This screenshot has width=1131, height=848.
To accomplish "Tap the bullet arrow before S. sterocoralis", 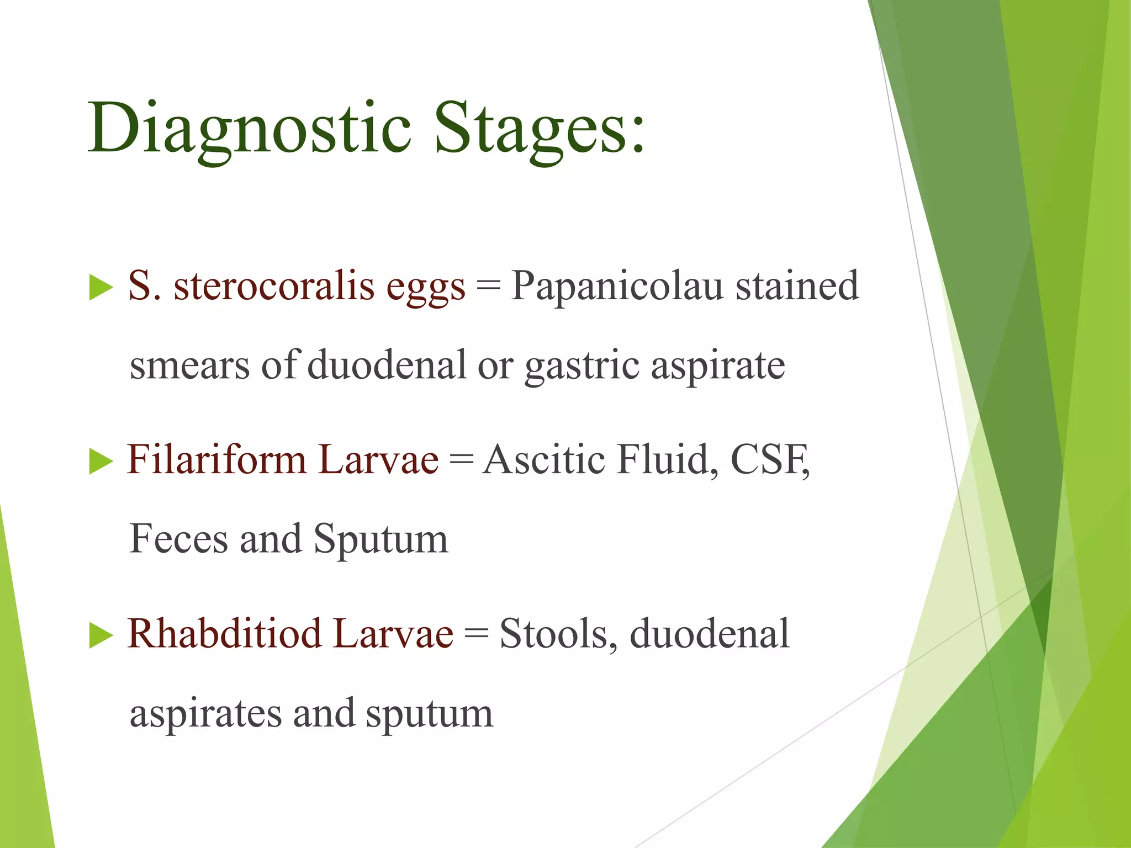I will coord(101,288).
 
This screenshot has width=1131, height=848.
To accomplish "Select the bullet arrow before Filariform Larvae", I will coord(101,462).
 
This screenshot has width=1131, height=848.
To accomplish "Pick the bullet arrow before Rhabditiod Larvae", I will coord(101,635).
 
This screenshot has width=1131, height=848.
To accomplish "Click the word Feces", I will coord(178,539).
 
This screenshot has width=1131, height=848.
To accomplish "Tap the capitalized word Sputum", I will coord(381,540).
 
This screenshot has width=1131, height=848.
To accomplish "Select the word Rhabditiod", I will coord(224,633).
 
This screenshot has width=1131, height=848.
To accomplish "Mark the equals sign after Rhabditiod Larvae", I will coord(476,634).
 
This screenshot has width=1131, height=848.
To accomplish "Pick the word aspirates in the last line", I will coord(205,714).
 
